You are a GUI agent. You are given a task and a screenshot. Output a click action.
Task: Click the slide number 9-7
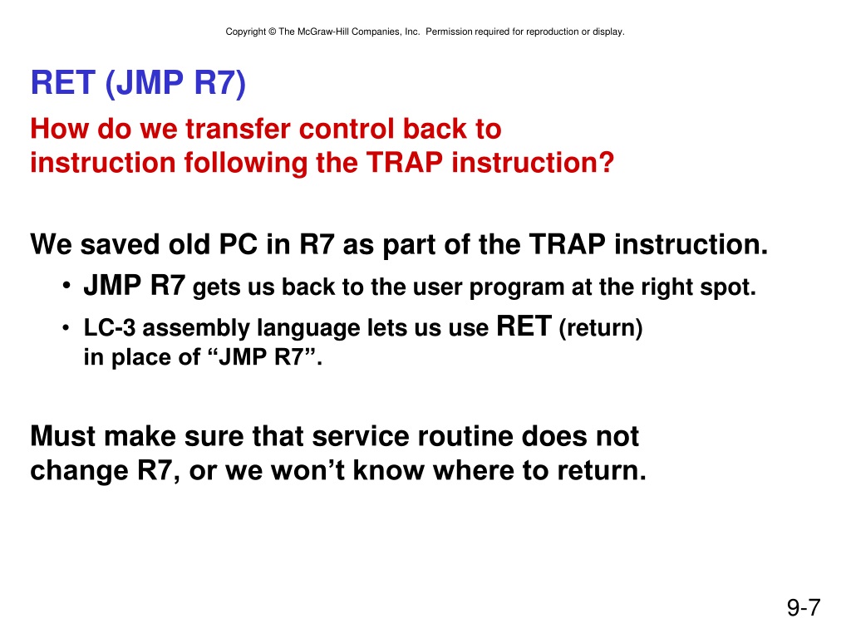click(804, 607)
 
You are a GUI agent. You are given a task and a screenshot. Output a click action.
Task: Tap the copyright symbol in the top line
click(272, 32)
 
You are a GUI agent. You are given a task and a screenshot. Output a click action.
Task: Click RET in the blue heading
click(62, 83)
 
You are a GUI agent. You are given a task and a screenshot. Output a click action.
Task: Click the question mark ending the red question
click(606, 162)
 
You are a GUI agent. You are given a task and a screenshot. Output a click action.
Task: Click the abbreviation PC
click(238, 245)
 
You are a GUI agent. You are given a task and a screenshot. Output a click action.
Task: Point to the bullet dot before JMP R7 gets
click(66, 286)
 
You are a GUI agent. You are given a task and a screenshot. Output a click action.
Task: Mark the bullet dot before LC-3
click(66, 328)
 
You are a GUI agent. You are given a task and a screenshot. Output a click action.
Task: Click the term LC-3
click(109, 328)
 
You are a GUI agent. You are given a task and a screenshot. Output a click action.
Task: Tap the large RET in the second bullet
click(524, 326)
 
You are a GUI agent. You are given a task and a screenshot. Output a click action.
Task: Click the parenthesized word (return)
click(601, 328)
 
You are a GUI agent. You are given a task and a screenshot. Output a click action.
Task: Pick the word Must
click(63, 436)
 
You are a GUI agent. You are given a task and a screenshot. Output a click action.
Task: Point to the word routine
click(462, 436)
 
